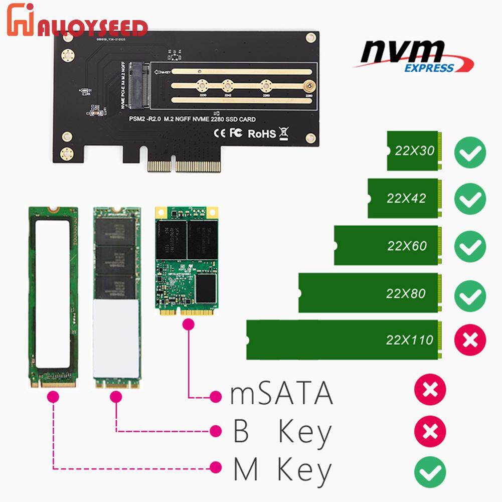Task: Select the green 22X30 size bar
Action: tap(414, 151)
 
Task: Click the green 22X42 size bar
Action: tap(405, 198)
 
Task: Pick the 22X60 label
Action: tap(407, 246)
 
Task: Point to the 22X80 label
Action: tap(406, 293)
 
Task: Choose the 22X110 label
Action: tap(409, 341)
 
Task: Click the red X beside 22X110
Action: tap(470, 341)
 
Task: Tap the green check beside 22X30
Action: tap(470, 151)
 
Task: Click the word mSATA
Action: tap(281, 394)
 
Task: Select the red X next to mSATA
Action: tap(430, 389)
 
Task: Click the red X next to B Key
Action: tap(430, 431)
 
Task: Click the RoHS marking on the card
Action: tap(262, 133)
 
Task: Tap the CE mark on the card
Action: tap(221, 133)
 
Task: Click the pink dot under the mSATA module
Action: tap(189, 324)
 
